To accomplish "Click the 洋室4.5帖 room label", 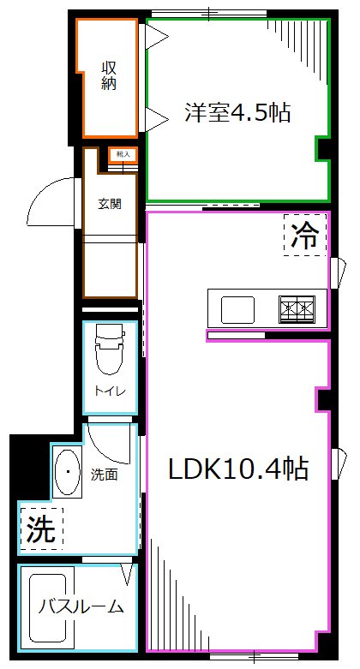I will (x=237, y=113).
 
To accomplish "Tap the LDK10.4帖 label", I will (x=237, y=469).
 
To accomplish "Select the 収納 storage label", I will (x=109, y=76).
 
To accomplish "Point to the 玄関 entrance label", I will (x=109, y=204).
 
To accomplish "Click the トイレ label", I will (x=111, y=391).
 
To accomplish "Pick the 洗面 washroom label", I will (x=104, y=473).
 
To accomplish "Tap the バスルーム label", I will (x=81, y=607).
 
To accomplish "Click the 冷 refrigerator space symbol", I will (x=305, y=235).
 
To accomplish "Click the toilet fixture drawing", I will (x=110, y=349).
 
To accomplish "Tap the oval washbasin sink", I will (x=67, y=472).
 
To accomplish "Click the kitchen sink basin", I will (x=237, y=308).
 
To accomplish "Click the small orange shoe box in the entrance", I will (x=122, y=155).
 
